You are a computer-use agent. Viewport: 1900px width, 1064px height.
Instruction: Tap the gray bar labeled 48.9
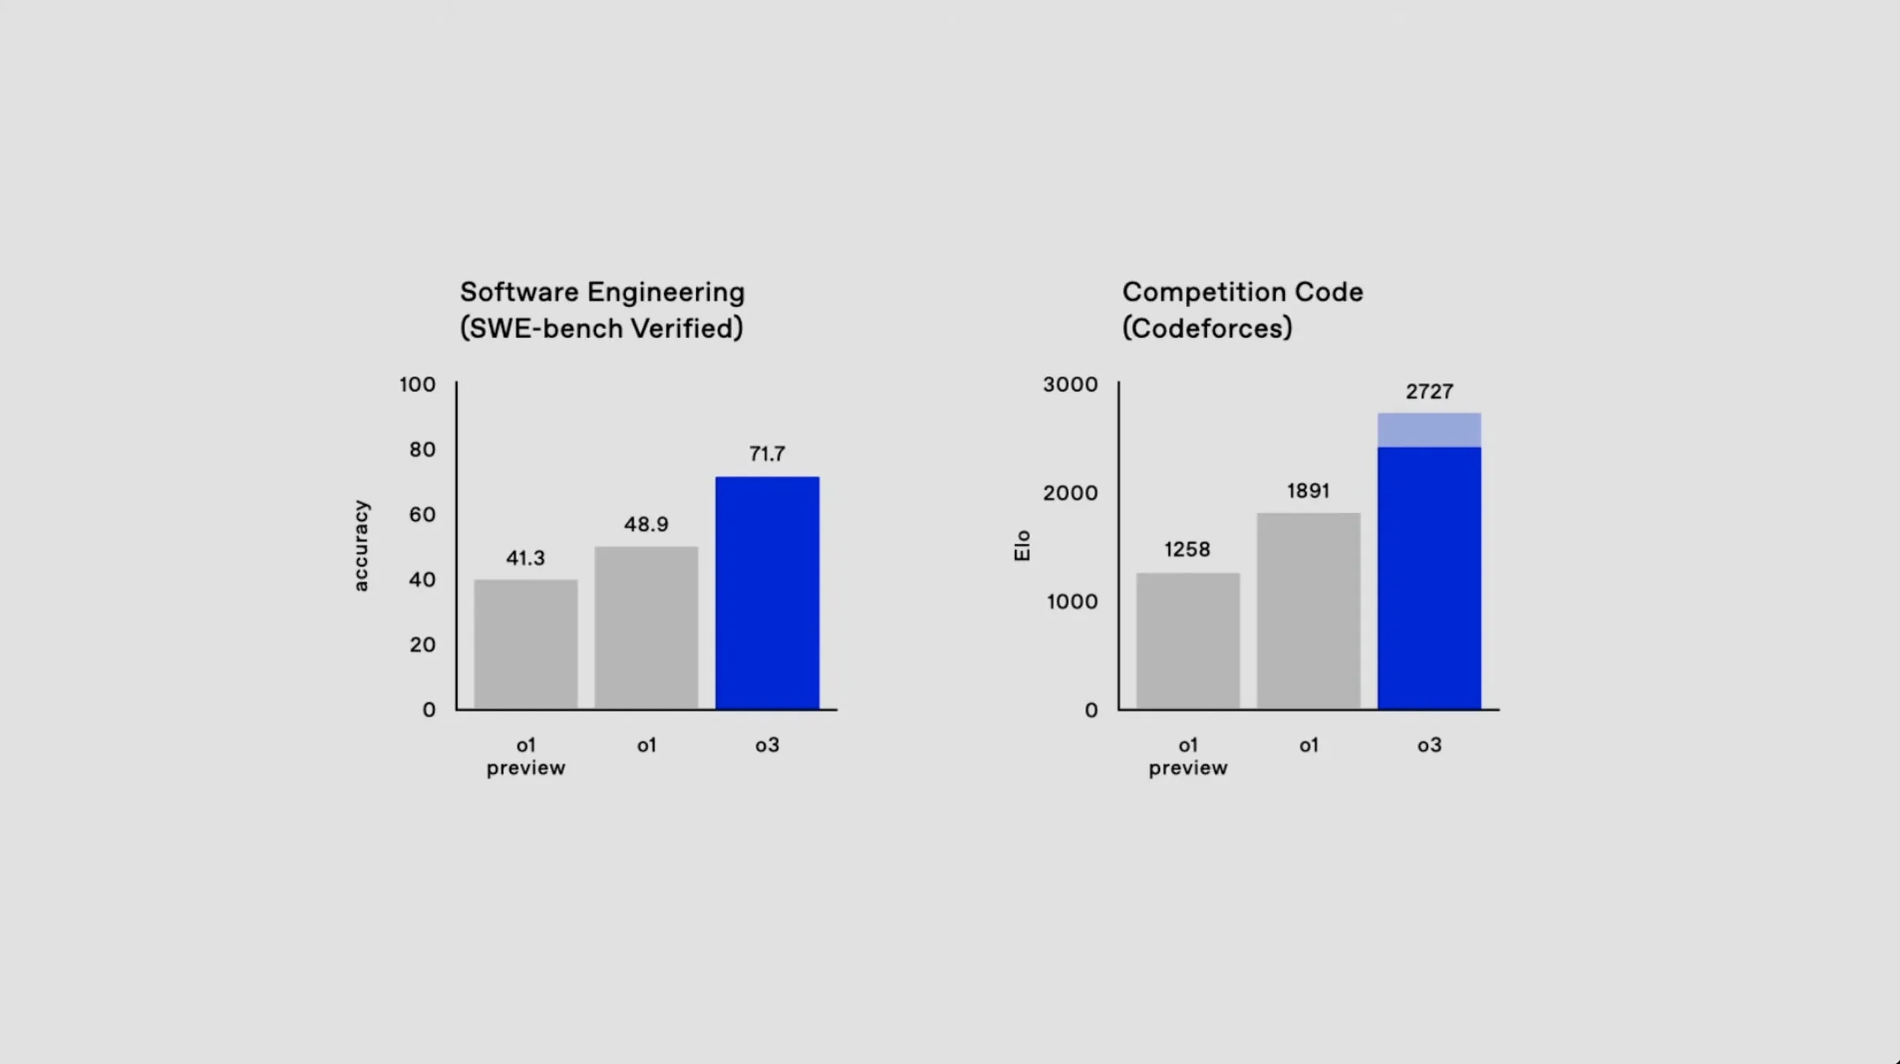point(646,627)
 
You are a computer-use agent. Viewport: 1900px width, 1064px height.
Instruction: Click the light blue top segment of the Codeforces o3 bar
point(1429,430)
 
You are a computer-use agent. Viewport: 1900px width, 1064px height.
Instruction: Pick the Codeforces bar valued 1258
point(1187,640)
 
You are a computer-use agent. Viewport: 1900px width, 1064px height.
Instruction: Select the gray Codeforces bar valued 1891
point(1308,610)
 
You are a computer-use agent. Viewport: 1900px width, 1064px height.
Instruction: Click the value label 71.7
point(767,454)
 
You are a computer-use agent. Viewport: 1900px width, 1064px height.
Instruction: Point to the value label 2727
point(1429,391)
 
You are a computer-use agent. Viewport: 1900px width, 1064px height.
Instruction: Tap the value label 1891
point(1308,491)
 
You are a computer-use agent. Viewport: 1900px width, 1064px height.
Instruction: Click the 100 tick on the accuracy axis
point(417,385)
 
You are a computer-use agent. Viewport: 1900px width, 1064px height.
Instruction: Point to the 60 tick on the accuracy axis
point(422,515)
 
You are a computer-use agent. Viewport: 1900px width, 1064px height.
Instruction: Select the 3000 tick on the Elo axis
point(1070,385)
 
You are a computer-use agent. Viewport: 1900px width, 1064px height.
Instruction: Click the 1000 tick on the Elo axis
point(1072,602)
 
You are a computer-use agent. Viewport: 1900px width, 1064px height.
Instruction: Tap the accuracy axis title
point(361,545)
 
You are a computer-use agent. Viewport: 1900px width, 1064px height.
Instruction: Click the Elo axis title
point(1022,545)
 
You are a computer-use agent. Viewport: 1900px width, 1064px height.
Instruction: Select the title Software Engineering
point(602,292)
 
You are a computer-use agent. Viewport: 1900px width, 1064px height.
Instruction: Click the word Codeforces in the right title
point(1207,329)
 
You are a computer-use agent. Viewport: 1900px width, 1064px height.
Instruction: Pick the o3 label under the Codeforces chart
point(1429,745)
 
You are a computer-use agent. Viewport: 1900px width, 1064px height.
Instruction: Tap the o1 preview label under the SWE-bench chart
point(526,756)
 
